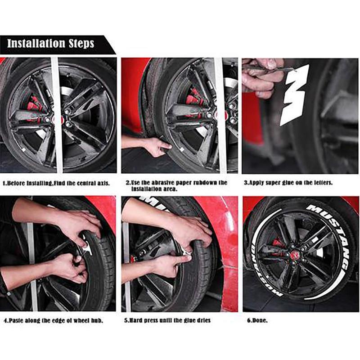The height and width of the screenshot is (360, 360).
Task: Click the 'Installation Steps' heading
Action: tap(50, 44)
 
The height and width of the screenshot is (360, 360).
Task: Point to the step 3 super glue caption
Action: tap(288, 183)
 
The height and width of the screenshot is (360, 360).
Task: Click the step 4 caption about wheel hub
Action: tap(54, 321)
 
